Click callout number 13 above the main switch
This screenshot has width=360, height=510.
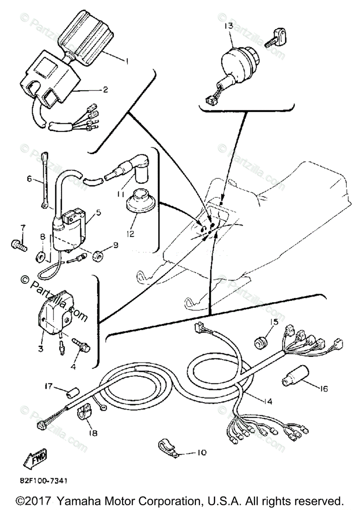click(x=228, y=26)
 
